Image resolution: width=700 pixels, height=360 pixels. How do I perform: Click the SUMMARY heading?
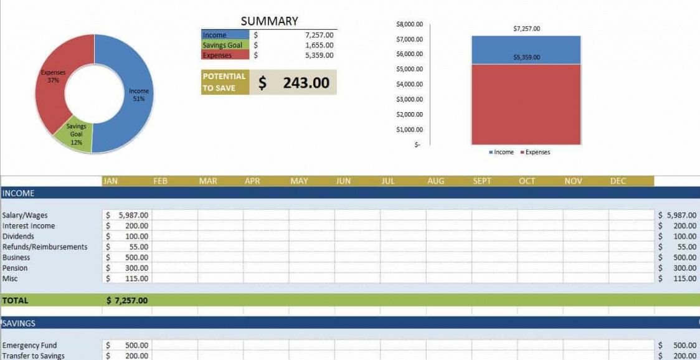[269, 21]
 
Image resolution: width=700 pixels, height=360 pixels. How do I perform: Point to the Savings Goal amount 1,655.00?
[319, 45]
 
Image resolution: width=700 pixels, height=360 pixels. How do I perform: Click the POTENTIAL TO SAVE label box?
[225, 82]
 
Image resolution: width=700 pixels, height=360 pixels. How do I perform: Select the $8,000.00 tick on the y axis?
[409, 24]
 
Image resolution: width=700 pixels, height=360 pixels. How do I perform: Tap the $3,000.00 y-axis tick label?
[409, 99]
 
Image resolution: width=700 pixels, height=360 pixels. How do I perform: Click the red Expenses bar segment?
[526, 105]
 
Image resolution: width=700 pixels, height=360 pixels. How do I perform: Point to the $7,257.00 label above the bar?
[526, 29]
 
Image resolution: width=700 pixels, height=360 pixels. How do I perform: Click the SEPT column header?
[482, 181]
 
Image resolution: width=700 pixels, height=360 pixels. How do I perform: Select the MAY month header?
[299, 181]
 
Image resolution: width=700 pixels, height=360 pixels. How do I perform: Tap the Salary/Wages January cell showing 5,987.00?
[128, 215]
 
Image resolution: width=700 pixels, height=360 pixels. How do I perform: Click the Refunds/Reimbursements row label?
[45, 247]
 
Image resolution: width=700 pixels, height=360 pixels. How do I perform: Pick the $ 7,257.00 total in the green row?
[127, 300]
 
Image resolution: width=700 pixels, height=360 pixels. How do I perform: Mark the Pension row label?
[15, 268]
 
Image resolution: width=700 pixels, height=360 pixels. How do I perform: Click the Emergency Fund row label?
[29, 345]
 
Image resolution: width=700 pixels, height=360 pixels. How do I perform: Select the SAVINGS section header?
[19, 323]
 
